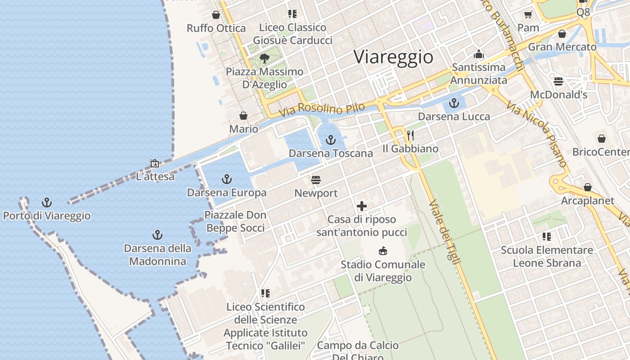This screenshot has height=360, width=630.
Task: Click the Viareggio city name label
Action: (393, 57)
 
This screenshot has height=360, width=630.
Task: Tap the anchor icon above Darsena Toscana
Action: (331, 140)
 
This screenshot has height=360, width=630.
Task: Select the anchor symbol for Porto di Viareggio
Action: (46, 202)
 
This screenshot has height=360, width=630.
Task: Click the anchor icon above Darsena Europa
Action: (227, 180)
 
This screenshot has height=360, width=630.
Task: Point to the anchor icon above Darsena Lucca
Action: (454, 103)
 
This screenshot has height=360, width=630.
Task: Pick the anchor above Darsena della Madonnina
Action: (157, 234)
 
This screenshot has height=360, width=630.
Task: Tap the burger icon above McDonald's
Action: (558, 81)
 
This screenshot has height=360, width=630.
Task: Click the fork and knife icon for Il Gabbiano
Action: (410, 135)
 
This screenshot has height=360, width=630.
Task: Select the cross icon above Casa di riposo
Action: (362, 206)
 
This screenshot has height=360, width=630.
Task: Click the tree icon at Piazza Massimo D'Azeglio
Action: (265, 58)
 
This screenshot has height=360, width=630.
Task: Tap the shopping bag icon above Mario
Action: (243, 116)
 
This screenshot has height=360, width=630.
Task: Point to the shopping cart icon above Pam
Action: (528, 14)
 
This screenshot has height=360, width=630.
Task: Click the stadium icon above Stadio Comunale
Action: (383, 251)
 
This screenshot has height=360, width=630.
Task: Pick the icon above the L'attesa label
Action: (155, 163)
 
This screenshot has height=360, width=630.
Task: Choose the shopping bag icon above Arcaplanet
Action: (588, 187)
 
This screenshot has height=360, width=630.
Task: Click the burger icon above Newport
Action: (316, 180)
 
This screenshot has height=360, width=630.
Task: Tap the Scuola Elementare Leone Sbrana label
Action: (547, 256)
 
